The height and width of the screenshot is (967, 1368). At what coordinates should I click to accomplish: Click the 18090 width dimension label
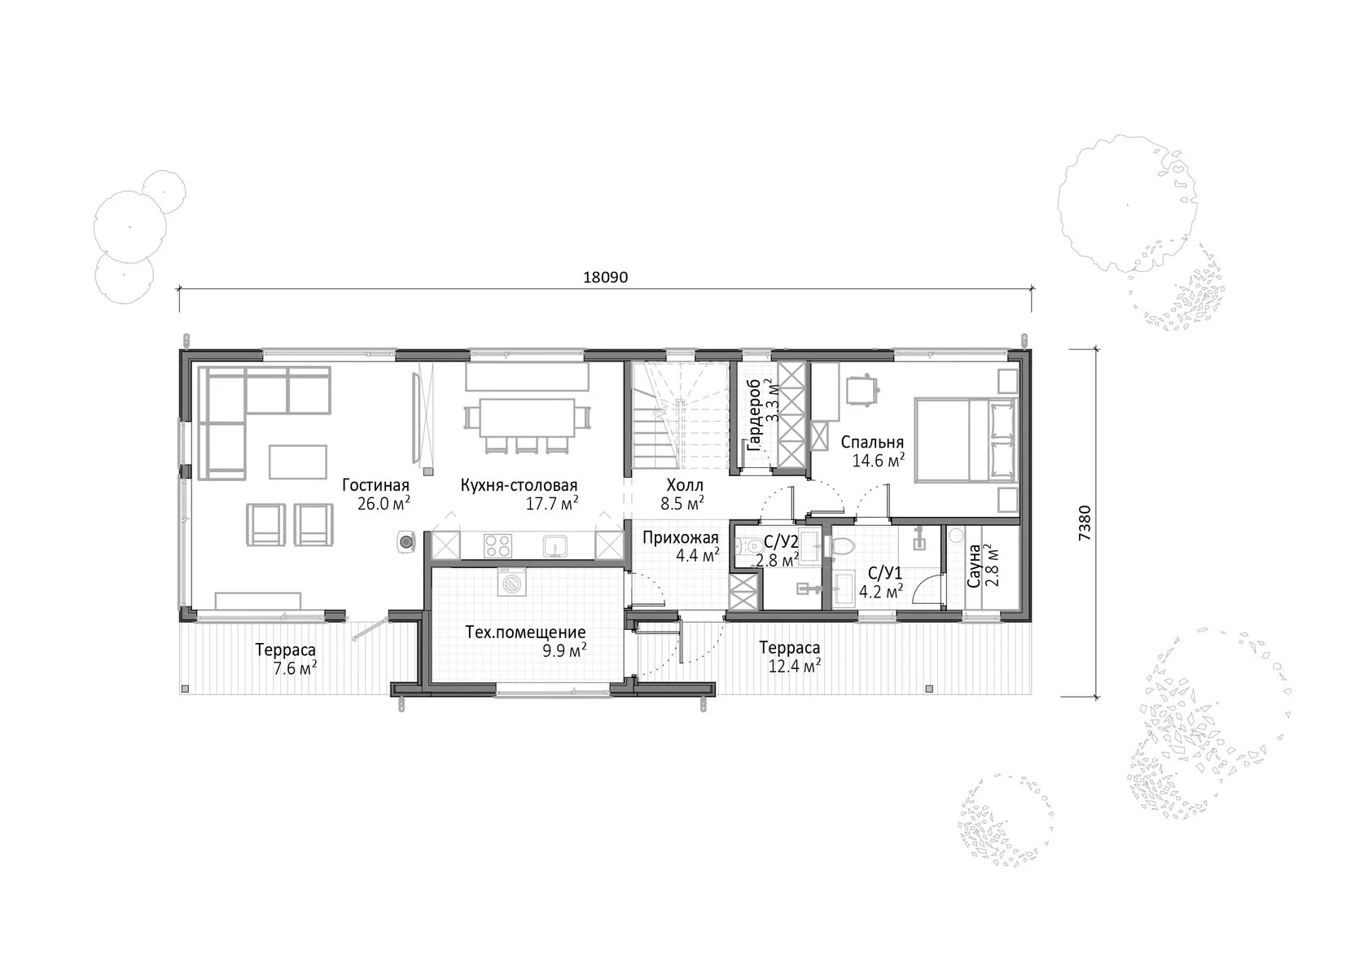tap(605, 277)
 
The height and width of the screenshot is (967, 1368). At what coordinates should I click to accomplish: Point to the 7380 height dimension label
tap(1084, 523)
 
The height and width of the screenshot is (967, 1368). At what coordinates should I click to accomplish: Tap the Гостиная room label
tap(375, 485)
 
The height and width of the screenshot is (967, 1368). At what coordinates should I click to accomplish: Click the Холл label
tap(685, 485)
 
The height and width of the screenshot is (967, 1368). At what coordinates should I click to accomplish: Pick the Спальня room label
tap(872, 442)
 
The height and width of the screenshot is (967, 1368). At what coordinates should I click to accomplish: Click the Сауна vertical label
tap(974, 566)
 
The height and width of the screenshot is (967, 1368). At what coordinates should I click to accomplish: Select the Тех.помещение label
tap(525, 632)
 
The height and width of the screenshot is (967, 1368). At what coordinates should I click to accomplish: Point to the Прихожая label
tap(681, 538)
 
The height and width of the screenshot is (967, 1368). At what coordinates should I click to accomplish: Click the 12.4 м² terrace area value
tap(794, 666)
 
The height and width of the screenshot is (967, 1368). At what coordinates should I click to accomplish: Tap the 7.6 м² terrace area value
tap(295, 668)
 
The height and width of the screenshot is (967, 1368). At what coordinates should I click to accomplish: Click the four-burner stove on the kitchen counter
tap(497, 545)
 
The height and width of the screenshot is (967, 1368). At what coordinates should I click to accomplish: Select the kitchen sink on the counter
tap(555, 546)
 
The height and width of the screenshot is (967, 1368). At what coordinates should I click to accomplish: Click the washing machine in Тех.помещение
tap(511, 582)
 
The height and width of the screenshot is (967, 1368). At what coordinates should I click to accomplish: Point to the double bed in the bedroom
tap(966, 440)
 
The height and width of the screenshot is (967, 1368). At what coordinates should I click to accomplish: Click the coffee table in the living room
tap(297, 462)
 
